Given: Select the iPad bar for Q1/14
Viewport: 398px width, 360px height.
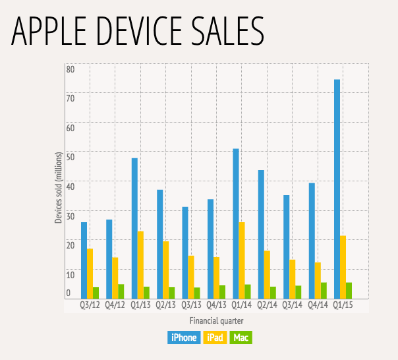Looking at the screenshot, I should click(242, 260).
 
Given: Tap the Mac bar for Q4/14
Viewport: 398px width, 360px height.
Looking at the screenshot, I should click(324, 291).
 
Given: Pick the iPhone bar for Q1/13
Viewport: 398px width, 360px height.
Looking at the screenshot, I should click(134, 228).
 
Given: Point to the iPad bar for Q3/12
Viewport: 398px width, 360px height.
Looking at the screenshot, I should click(90, 274).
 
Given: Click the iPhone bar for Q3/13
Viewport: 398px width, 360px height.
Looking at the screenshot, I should click(185, 253).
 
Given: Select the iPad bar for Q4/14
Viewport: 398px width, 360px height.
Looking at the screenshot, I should click(318, 280).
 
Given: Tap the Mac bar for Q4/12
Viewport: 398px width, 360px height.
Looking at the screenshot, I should click(122, 291).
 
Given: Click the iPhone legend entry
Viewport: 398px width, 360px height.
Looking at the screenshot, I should click(184, 338).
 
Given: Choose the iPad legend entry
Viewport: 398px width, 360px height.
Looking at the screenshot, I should click(215, 338).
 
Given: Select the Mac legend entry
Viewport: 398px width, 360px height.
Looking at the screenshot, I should click(241, 338).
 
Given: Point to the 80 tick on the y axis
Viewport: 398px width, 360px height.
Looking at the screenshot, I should click(70, 69).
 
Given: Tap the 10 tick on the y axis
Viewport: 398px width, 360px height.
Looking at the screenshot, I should click(70, 274).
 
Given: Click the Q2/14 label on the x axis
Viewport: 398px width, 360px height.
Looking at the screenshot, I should click(268, 306).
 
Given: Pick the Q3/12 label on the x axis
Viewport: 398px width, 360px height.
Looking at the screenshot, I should click(90, 306).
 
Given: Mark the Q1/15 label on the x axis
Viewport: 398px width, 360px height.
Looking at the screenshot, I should click(343, 306).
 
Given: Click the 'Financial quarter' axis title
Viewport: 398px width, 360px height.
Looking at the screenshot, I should click(217, 320).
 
